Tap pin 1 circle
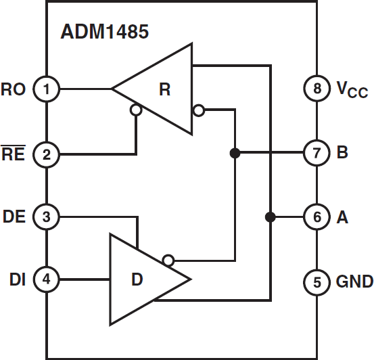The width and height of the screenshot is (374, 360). pos(46,89)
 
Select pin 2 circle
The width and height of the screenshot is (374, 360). pos(46,154)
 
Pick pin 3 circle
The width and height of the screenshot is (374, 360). pos(46,217)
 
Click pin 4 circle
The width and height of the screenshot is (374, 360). pos(46,279)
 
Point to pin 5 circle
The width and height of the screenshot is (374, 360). pos(317,282)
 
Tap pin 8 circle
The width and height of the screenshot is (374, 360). pos(317,89)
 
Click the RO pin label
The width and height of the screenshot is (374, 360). pos(14,89)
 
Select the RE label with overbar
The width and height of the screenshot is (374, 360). pos(14,154)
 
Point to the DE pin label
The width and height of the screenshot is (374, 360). pos(14,217)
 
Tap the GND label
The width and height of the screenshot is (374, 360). pos(354,282)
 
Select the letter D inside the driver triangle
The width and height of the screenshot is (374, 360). pos(137,279)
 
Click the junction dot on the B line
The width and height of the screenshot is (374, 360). pos(235,153)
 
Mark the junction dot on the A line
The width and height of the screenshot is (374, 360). pos(270,217)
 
